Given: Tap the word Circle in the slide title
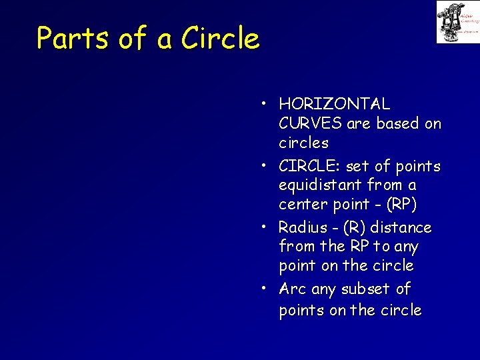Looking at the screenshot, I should click(220, 38).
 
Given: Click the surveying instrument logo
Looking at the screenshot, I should click(457, 22).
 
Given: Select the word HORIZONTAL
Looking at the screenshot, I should click(335, 104).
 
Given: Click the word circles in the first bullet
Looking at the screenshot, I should click(304, 143).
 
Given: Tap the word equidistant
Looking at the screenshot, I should click(321, 185).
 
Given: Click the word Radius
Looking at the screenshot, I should click(303, 227).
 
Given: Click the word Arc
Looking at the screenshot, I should click(293, 289).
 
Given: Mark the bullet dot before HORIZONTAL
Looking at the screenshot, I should click(265, 103).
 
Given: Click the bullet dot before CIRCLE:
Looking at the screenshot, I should click(265, 165).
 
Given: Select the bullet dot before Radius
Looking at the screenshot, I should click(265, 227).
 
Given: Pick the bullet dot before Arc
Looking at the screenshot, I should click(265, 289).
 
